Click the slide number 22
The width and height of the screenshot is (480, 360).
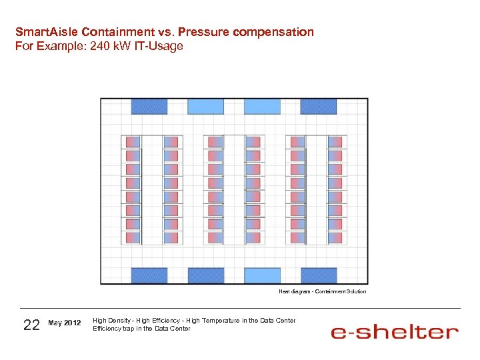tap(31, 325)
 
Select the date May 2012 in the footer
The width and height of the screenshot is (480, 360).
tap(65, 323)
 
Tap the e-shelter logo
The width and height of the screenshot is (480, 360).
tap(395, 331)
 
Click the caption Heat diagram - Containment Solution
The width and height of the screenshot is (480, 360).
tap(322, 291)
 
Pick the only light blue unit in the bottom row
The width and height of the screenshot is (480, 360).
tap(262, 275)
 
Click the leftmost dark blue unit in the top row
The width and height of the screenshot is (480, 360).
tap(149, 106)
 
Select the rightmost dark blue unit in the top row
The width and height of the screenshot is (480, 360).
tap(318, 106)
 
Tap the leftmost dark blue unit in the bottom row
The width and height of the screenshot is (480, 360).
tap(149, 275)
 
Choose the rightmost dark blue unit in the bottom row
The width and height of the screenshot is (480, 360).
tap(319, 275)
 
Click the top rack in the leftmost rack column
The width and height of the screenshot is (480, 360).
tap(133, 142)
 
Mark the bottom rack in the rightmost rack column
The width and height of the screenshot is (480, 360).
tap(335, 237)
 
